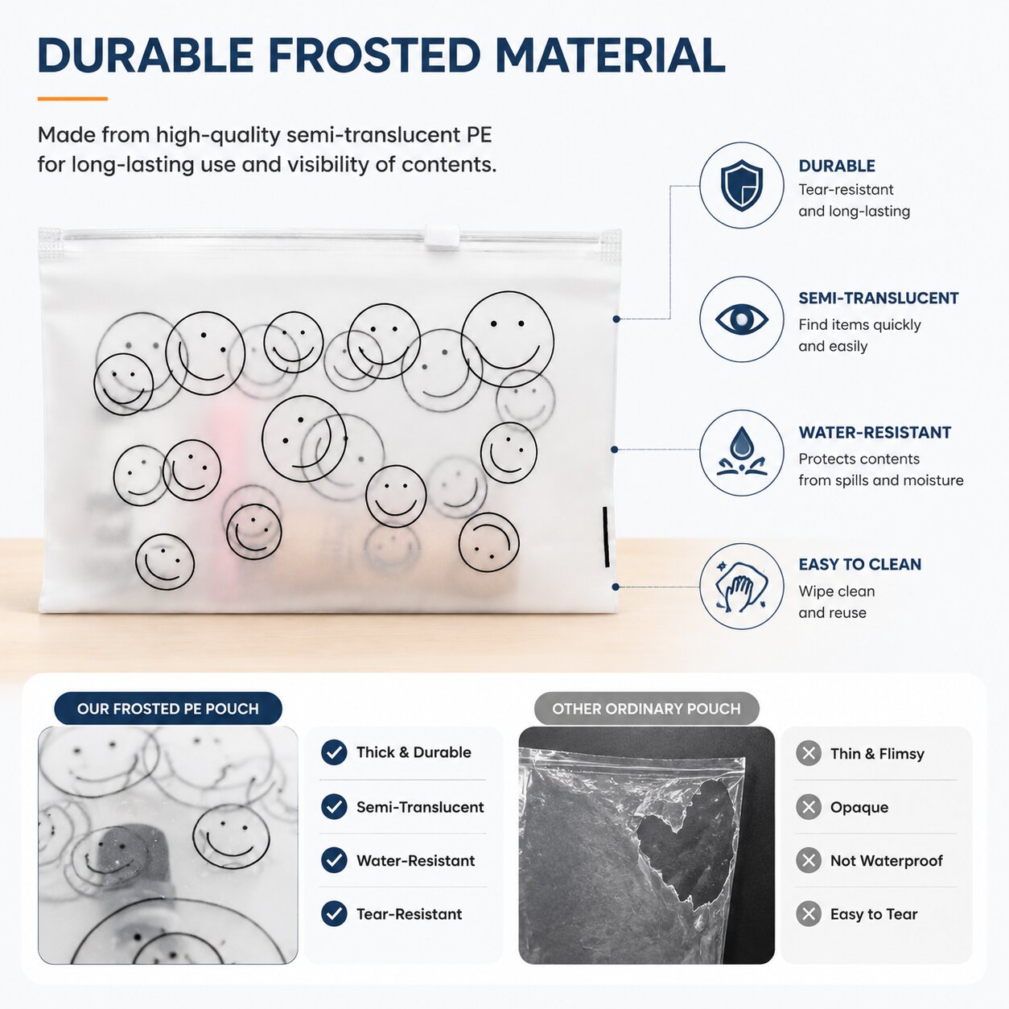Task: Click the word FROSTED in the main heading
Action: point(375,56)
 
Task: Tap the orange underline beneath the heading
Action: point(72,98)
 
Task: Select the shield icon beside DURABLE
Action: point(741,185)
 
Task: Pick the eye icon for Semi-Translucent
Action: point(741,319)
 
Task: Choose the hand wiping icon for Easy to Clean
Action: point(741,587)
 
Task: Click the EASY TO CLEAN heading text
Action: point(860,565)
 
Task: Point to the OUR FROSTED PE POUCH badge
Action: point(168,708)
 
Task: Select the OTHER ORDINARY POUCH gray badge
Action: point(647,708)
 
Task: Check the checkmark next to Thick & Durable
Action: point(334,753)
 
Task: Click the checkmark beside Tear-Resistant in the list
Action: point(334,914)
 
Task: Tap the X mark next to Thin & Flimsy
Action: point(809,753)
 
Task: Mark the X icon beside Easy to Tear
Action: point(809,914)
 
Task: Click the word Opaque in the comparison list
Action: point(859,807)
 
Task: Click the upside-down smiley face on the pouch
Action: point(489,542)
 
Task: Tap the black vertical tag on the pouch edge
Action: point(606,536)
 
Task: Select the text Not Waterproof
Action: point(887,861)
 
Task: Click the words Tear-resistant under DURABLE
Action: point(846,190)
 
